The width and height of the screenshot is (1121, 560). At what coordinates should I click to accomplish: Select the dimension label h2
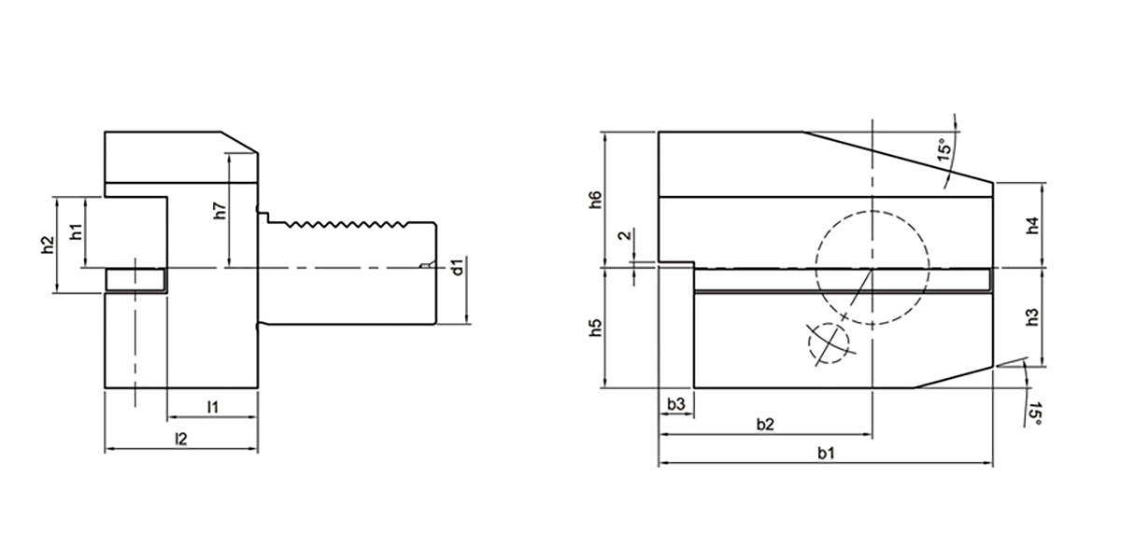click(47, 245)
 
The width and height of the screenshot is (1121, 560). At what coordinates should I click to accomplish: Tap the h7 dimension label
click(219, 212)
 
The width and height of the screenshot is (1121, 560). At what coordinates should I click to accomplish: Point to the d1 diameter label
click(456, 268)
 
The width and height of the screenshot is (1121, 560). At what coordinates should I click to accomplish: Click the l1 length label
click(212, 407)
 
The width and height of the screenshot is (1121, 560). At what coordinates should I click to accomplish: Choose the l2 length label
click(181, 439)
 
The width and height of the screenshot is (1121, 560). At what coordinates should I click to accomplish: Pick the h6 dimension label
click(595, 200)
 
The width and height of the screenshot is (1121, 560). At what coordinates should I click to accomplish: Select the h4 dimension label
click(1032, 226)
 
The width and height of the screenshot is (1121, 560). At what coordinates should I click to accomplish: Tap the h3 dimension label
click(1032, 317)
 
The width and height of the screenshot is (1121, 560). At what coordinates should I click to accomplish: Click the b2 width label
click(764, 425)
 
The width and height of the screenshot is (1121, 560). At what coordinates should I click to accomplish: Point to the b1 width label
click(826, 454)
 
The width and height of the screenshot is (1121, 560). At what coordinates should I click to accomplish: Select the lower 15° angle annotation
click(1033, 414)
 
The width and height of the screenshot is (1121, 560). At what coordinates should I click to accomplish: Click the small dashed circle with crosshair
click(830, 343)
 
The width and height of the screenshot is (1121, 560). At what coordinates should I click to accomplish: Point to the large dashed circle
click(872, 269)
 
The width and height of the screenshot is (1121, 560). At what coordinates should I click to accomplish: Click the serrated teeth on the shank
click(346, 225)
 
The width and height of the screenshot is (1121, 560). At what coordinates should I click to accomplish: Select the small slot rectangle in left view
click(135, 278)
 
